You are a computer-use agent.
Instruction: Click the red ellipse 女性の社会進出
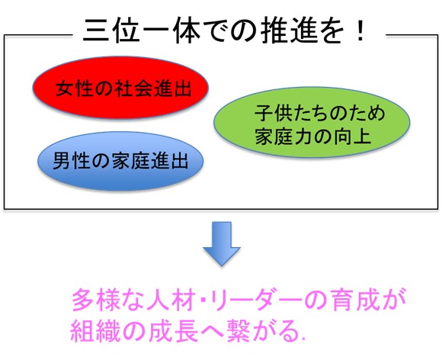point(120,88)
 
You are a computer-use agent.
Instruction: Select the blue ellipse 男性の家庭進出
point(120,161)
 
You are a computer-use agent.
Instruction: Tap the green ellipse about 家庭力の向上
point(312,122)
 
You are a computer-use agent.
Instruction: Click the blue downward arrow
point(222,244)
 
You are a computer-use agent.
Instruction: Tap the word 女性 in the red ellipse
point(74,88)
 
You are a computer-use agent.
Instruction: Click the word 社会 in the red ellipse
point(132,88)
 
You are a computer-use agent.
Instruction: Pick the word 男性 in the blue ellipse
point(71,161)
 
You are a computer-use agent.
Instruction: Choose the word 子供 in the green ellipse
point(274,113)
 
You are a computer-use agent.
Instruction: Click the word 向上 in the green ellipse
point(352,137)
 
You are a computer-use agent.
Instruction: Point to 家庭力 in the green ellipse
point(283,137)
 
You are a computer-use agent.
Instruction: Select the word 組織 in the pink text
point(93,331)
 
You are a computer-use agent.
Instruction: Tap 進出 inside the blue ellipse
point(169,161)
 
